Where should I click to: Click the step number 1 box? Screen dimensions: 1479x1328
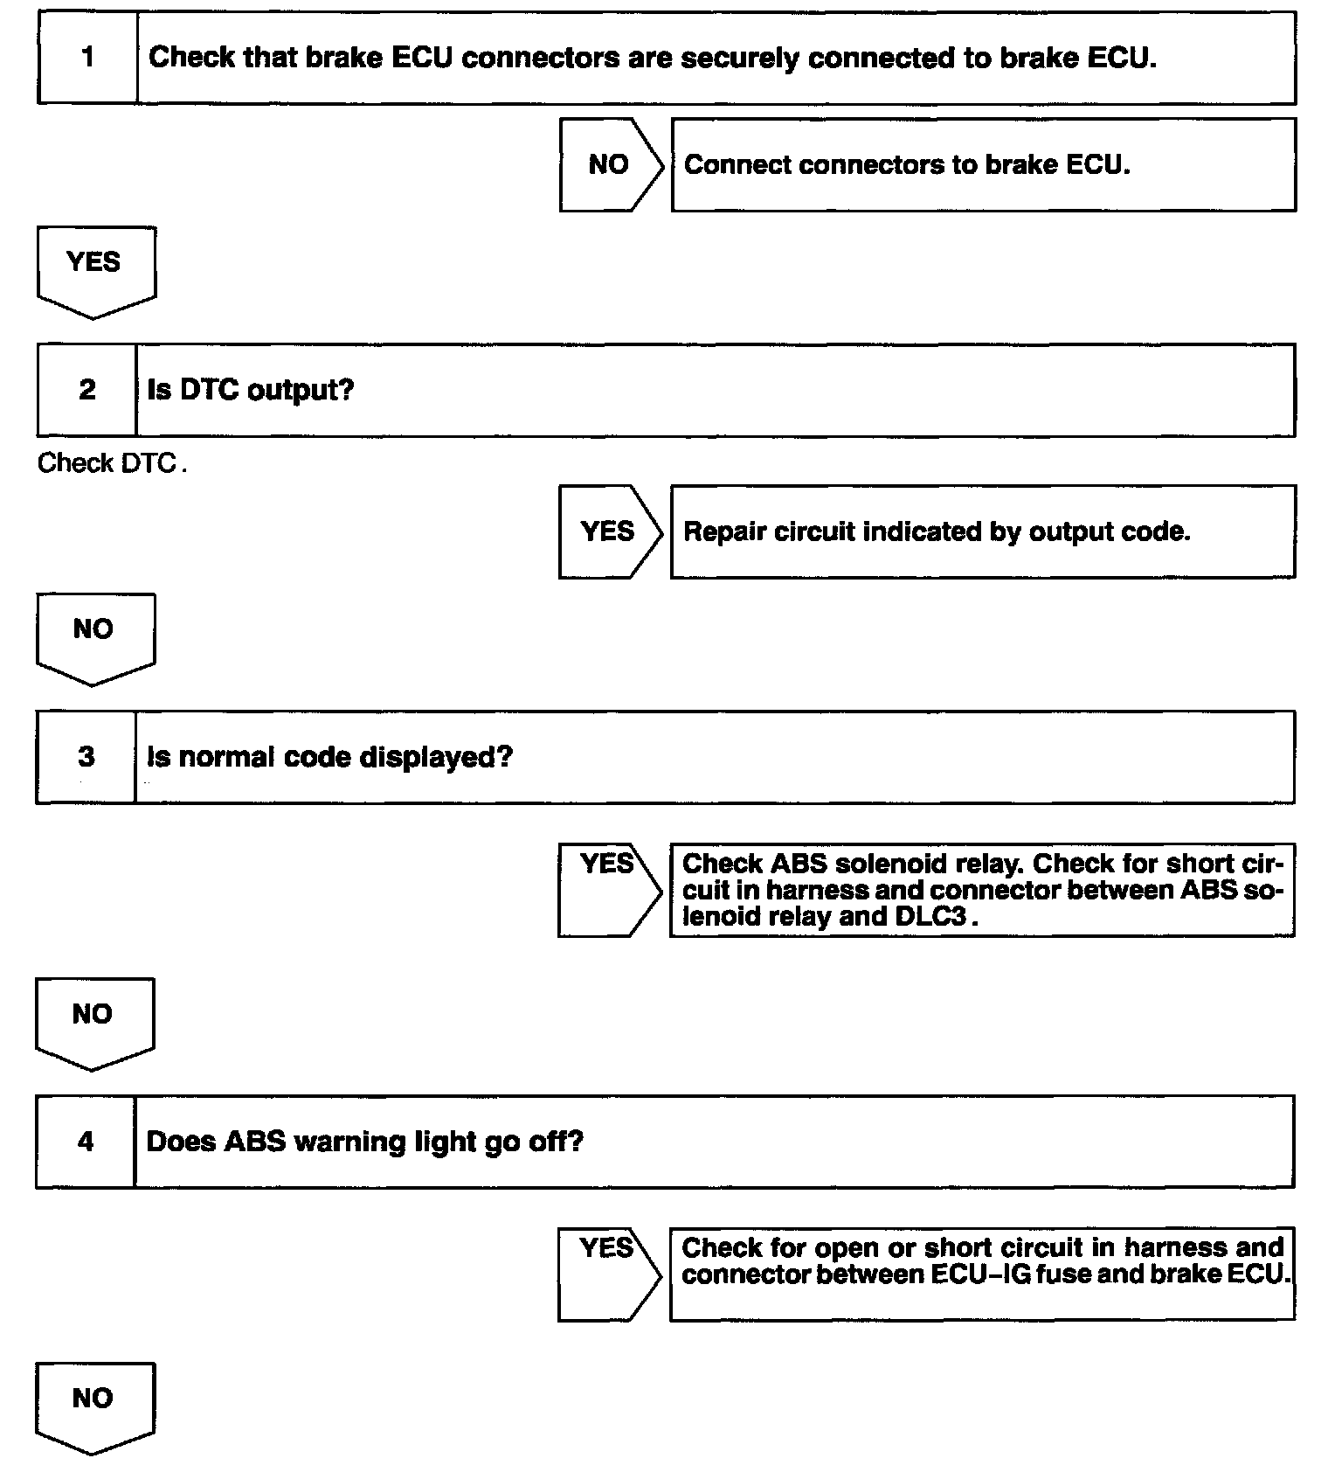(x=87, y=58)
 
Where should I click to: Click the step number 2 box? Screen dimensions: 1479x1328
(x=87, y=390)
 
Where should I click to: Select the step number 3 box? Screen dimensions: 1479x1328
(x=86, y=757)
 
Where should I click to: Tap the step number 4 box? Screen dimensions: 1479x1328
(x=86, y=1142)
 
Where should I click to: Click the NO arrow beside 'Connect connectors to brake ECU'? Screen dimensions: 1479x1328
(x=610, y=165)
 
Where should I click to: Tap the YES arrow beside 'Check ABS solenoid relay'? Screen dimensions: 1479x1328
(x=608, y=890)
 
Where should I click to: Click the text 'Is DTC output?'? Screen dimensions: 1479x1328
(x=251, y=390)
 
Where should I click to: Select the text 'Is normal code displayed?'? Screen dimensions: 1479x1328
(x=329, y=757)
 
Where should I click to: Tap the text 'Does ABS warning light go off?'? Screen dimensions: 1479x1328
(x=364, y=1142)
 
